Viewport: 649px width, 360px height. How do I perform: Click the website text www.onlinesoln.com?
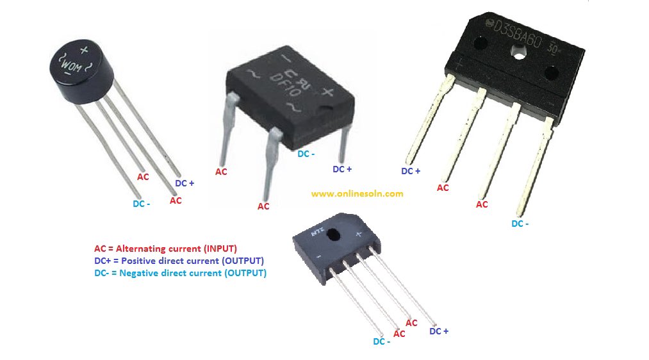tap(357, 193)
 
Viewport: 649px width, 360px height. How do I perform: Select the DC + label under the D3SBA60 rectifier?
tap(411, 171)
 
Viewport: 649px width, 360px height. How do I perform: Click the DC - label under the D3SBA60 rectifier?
tap(520, 224)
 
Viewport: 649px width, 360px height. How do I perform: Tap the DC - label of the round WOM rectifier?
tap(142, 204)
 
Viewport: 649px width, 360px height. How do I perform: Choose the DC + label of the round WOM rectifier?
tap(185, 183)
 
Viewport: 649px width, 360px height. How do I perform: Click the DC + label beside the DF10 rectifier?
tap(342, 169)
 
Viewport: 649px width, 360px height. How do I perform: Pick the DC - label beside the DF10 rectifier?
tap(306, 154)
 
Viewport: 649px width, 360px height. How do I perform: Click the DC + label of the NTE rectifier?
tap(439, 331)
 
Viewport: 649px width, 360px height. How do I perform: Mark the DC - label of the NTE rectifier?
tap(382, 341)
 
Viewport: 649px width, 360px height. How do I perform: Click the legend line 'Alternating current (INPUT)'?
tap(165, 249)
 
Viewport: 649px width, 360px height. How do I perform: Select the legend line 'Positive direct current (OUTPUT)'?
tap(179, 261)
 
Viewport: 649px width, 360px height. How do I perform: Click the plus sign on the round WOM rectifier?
tap(84, 49)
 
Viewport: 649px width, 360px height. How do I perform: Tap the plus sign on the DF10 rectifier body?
tap(327, 92)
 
